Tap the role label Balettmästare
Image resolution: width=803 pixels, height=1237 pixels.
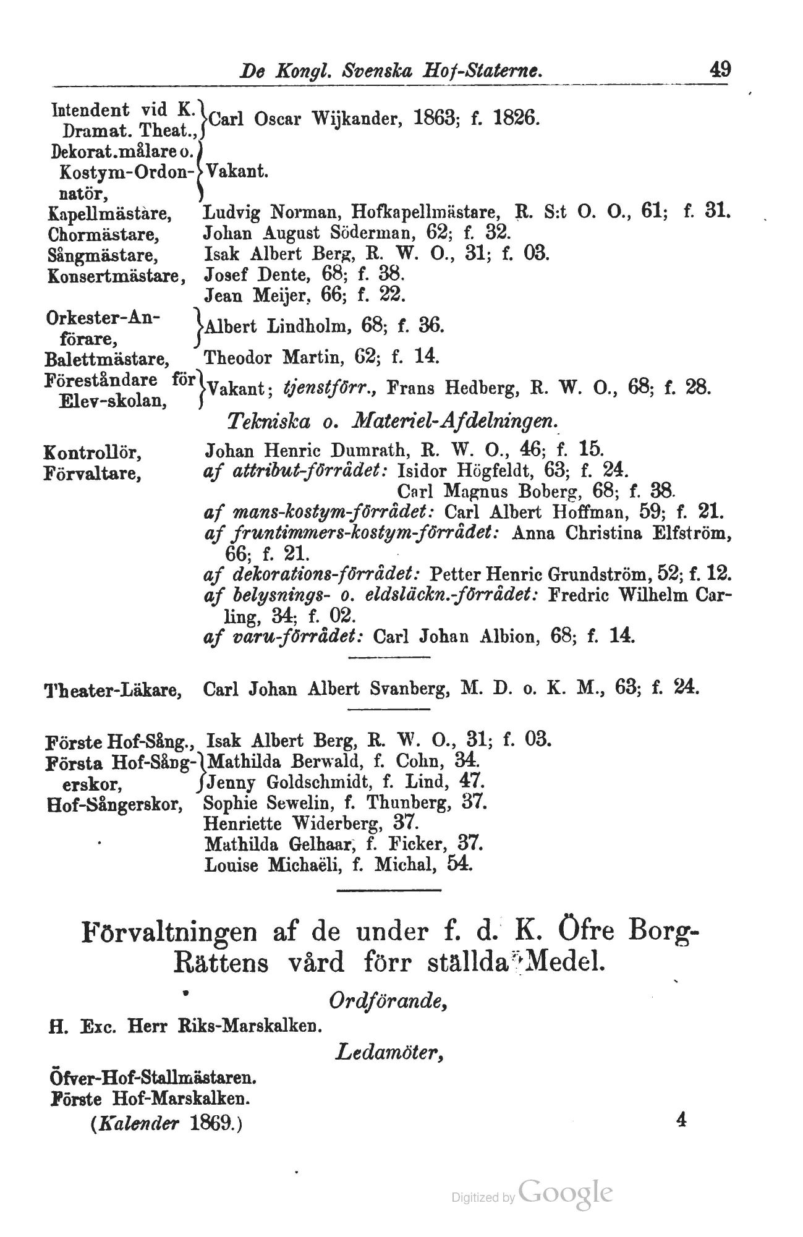(108, 359)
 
